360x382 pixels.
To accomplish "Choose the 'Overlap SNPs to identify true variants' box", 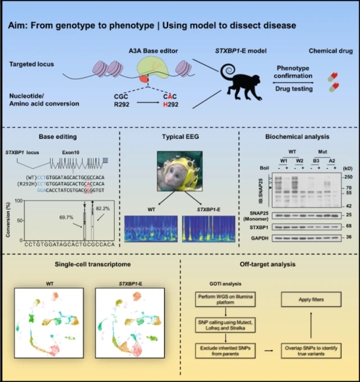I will [311, 346].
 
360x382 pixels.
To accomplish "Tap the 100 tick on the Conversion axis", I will [18, 200].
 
